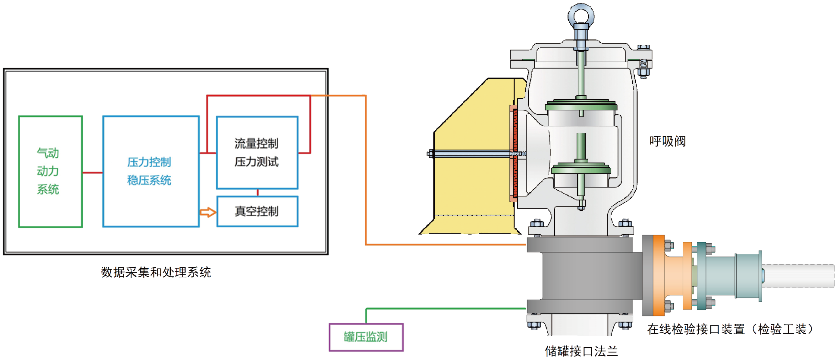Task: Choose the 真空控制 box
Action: [257, 211]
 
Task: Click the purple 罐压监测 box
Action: [366, 337]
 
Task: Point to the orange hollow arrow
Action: [208, 212]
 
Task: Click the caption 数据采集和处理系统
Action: [156, 272]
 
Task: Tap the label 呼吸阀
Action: [668, 141]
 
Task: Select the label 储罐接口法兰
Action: [581, 351]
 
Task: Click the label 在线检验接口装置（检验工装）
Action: [730, 329]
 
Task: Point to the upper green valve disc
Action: [581, 105]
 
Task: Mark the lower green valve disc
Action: [581, 169]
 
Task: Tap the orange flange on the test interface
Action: [659, 275]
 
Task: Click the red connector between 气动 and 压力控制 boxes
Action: [92, 173]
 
